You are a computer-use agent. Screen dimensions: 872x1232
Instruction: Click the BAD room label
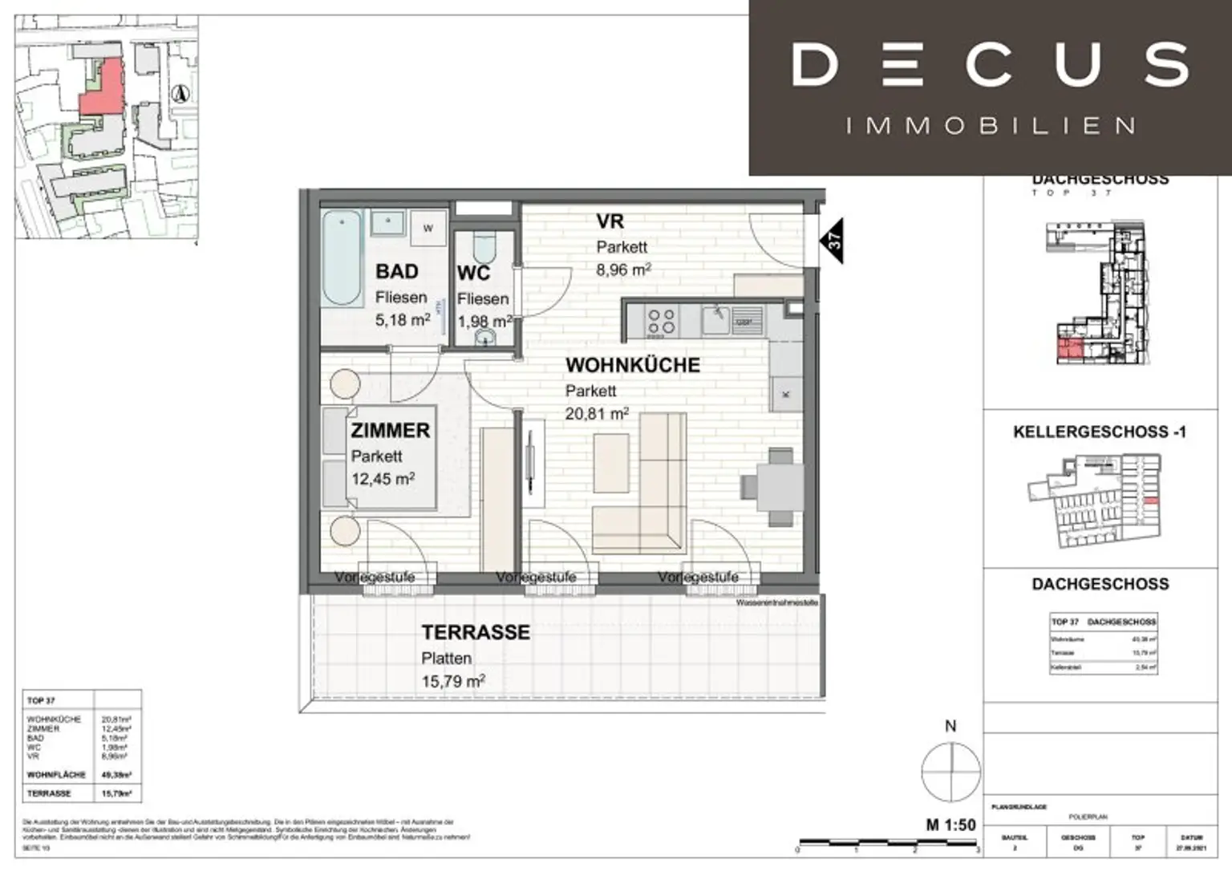pyautogui.click(x=397, y=271)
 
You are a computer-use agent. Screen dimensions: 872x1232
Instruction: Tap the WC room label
pyautogui.click(x=473, y=274)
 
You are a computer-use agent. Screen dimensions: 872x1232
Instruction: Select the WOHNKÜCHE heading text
pyautogui.click(x=632, y=365)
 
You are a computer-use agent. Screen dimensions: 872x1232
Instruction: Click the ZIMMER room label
pyautogui.click(x=390, y=431)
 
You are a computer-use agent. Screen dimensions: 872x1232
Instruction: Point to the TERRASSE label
pyautogui.click(x=476, y=633)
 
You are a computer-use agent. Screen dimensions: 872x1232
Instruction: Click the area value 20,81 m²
pyautogui.click(x=597, y=415)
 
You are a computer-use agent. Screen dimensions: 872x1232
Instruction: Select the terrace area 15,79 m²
pyautogui.click(x=453, y=683)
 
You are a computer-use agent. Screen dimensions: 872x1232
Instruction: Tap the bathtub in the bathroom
pyautogui.click(x=342, y=258)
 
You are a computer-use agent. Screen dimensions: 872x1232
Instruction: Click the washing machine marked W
pyautogui.click(x=428, y=228)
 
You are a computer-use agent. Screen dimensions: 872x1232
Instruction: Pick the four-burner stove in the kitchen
pyautogui.click(x=661, y=322)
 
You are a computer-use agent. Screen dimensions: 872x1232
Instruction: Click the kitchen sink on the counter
pyautogui.click(x=715, y=320)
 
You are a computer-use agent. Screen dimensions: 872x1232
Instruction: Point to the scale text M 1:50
pyautogui.click(x=950, y=825)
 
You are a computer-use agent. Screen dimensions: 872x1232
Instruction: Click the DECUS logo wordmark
pyautogui.click(x=990, y=66)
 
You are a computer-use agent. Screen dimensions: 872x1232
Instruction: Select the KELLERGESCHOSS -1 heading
pyautogui.click(x=1099, y=432)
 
